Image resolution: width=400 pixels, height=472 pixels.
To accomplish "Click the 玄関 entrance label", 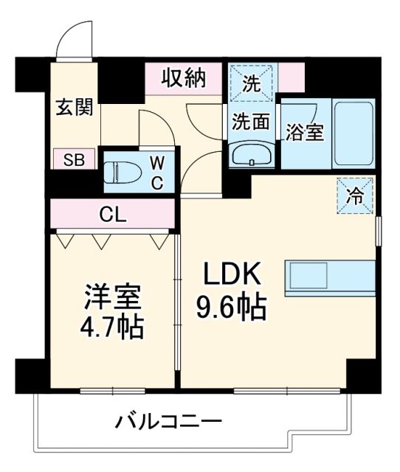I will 74,108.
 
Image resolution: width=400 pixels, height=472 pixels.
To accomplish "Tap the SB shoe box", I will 73,159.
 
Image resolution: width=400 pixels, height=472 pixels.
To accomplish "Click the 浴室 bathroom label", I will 304,132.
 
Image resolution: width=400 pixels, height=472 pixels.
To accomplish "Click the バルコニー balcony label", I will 168,423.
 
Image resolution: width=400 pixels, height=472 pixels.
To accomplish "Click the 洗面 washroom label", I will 251,121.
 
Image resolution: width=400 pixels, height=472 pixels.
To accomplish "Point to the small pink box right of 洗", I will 292,77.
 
